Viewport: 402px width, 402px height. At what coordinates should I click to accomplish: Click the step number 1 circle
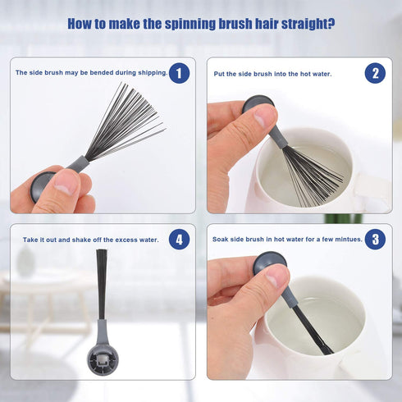coord(179,73)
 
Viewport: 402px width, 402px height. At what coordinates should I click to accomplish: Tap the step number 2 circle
coord(375,73)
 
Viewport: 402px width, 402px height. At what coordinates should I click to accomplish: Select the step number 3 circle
coord(375,240)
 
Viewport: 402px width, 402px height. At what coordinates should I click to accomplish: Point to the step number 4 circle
coord(179,240)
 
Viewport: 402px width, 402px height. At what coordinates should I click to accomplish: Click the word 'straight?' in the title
coord(308,24)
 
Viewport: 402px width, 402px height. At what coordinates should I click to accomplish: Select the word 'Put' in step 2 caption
coord(218,74)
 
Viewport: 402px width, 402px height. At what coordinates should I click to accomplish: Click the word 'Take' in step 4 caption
coord(30,240)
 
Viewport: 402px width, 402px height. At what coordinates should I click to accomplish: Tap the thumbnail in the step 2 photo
coord(262,118)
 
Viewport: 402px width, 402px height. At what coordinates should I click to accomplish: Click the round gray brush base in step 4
coord(103,360)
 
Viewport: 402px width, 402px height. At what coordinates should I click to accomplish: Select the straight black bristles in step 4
coord(102,285)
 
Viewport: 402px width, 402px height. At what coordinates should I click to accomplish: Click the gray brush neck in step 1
coord(78,165)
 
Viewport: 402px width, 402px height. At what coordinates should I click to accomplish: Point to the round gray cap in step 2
coord(258,103)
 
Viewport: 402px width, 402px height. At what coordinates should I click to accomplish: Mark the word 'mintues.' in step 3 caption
coord(349,240)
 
